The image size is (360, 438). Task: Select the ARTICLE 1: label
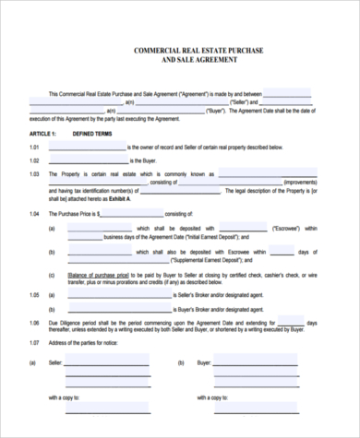[43, 134]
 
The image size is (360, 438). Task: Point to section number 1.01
[34, 147]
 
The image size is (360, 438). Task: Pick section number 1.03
[34, 173]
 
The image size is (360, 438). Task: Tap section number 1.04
[34, 214]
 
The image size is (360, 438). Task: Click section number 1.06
[34, 324]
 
